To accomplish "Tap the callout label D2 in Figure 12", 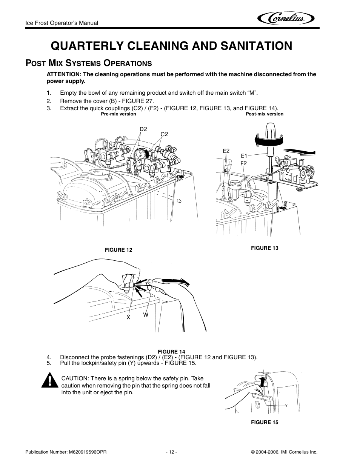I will [x=143, y=129].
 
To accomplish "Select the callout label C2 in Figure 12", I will [x=164, y=134].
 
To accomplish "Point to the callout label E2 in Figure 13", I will [x=226, y=151].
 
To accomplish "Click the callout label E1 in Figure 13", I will [x=244, y=156].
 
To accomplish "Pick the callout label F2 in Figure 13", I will [x=244, y=163].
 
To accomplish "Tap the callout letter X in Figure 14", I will [x=128, y=317].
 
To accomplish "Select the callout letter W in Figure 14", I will [x=145, y=315].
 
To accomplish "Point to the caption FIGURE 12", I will [x=118, y=250].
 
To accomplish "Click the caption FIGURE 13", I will [x=265, y=248].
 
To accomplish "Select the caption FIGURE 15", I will [x=265, y=422].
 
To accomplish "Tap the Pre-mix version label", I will [x=118, y=114].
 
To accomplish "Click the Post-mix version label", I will [x=264, y=114].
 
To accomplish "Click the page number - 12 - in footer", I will [x=171, y=452].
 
